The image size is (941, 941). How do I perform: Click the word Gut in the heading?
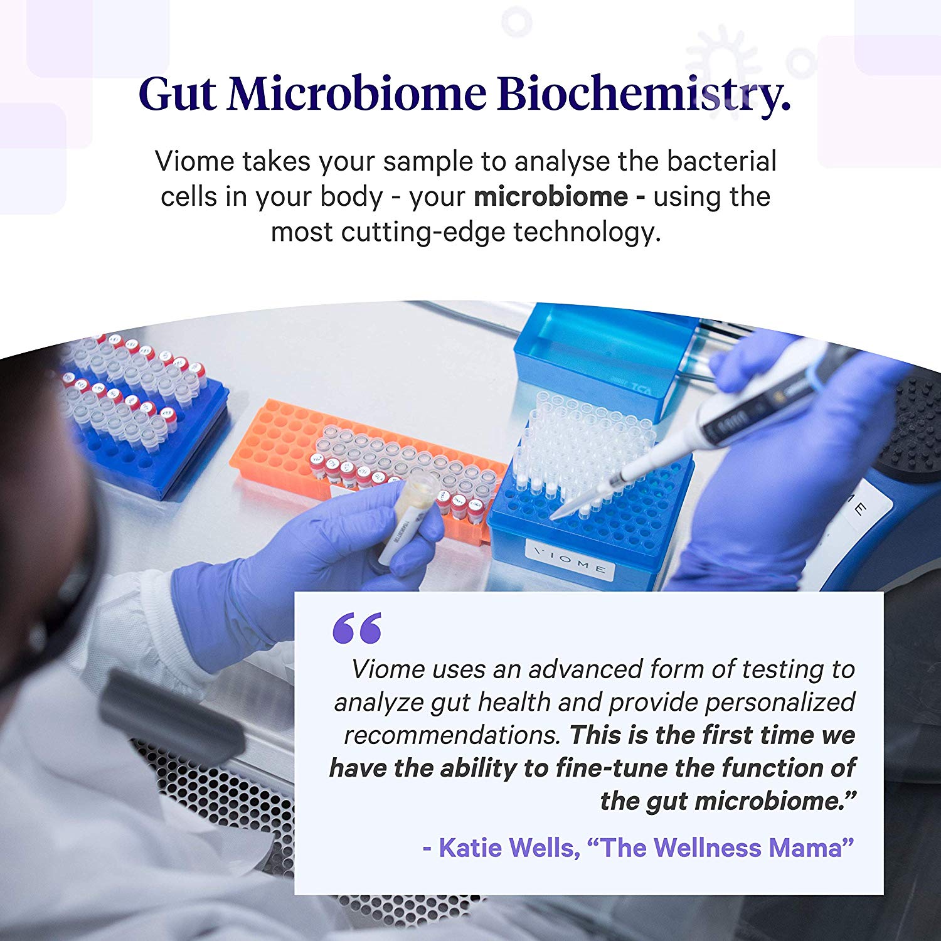coord(178,93)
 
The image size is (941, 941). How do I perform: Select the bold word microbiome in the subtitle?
coord(551,197)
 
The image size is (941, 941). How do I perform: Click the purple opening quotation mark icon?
coord(357,629)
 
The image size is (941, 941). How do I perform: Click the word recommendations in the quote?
coord(452,735)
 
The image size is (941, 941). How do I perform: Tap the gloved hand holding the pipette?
coord(797,464)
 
